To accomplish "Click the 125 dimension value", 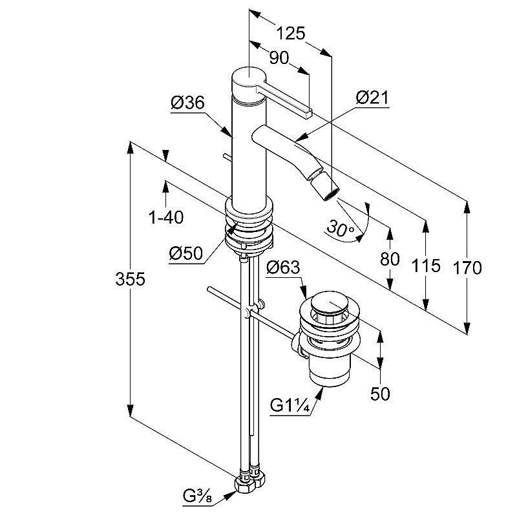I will pos(291,33).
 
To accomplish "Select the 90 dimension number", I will pos(279,58).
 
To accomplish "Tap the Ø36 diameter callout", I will pos(187,103).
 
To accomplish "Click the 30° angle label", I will pos(340,227).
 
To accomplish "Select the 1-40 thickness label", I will pos(166,218).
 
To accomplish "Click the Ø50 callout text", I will pos(186,254).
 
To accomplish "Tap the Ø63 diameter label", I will pos(283,268).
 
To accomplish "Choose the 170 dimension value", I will pos(467,267).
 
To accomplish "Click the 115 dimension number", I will pos(425,265).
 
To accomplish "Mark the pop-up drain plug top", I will pos(329,303).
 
